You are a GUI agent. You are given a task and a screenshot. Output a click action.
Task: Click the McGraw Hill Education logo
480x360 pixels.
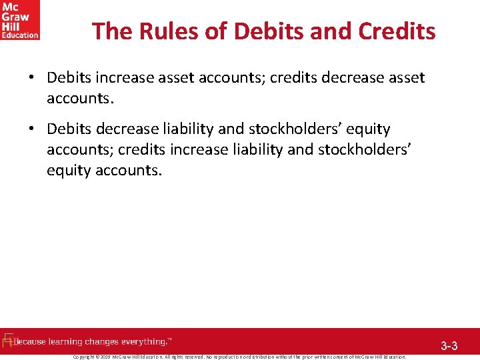coord(20,20)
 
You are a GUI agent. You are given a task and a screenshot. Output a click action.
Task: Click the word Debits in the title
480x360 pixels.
coord(260,31)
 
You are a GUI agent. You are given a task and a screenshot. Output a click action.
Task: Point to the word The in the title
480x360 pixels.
coord(109,31)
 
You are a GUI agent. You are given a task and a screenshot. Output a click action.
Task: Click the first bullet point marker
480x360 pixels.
coord(31,78)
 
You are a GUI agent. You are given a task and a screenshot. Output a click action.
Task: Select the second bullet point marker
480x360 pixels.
coord(31,129)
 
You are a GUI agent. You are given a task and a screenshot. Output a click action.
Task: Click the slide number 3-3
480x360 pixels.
coord(449,346)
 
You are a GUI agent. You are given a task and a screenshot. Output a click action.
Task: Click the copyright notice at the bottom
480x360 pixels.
coord(239,357)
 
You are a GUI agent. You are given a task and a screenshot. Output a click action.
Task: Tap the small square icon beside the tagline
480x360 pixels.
coord(9,341)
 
